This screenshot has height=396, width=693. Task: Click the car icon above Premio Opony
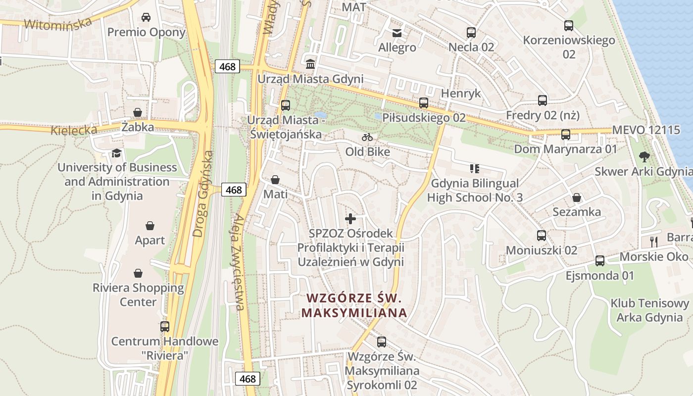[x=146, y=17]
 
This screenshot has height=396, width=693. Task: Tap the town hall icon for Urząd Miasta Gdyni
[x=310, y=64]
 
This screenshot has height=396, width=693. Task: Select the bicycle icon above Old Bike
[x=367, y=137]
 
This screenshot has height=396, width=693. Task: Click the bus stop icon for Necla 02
[x=471, y=33]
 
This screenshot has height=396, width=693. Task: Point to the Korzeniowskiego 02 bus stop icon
[x=569, y=26]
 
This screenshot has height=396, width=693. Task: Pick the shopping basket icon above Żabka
[x=137, y=113]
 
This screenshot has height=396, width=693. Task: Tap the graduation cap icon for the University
[x=116, y=153]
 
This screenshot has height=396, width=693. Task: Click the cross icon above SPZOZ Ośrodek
[x=350, y=218]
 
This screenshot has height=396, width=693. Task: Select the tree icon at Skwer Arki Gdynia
[x=644, y=157]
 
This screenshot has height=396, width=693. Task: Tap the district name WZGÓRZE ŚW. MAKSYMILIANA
[x=354, y=305]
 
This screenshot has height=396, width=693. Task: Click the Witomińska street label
[x=58, y=23]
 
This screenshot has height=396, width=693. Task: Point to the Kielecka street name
[x=74, y=130]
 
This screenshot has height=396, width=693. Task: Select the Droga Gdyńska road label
[x=204, y=194]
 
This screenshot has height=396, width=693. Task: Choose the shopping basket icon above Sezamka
[x=577, y=198]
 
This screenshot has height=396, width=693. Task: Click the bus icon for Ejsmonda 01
[x=600, y=260]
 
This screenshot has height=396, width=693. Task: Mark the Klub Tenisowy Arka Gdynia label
[x=649, y=310]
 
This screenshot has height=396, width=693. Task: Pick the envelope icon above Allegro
[x=397, y=33]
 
